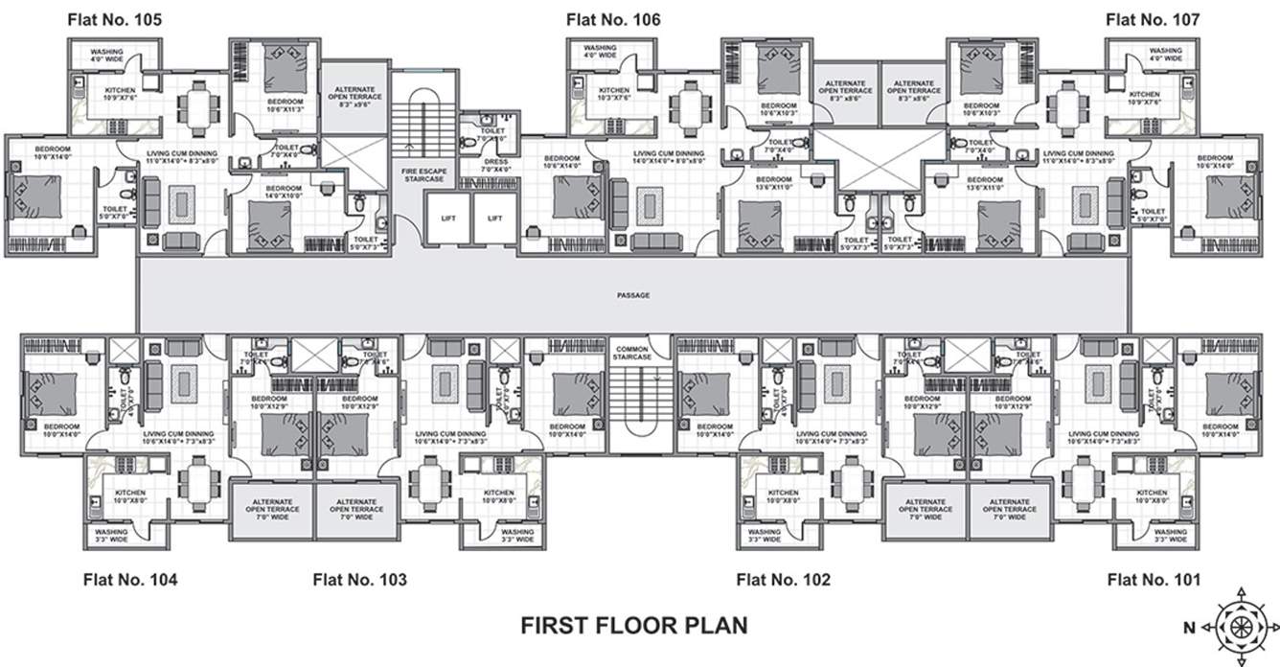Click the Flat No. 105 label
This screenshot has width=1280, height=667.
[114, 19]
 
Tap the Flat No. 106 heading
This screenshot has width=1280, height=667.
[613, 19]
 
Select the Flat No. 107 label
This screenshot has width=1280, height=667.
[1153, 19]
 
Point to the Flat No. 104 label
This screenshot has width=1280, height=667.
[129, 579]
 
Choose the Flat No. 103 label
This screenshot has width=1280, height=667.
[360, 579]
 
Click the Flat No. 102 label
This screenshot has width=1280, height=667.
[783, 579]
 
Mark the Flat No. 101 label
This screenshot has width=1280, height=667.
[1154, 579]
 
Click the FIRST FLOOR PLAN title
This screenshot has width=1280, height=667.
[634, 626]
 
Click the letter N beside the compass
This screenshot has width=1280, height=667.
[1188, 629]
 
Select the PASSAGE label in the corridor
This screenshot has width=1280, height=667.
[633, 295]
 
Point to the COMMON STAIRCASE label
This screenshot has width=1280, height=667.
[632, 353]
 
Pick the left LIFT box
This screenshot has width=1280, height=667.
[448, 218]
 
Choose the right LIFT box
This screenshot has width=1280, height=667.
[494, 218]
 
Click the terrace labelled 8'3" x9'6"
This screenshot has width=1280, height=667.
[355, 98]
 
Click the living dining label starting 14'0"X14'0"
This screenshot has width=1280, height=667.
[668, 158]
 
